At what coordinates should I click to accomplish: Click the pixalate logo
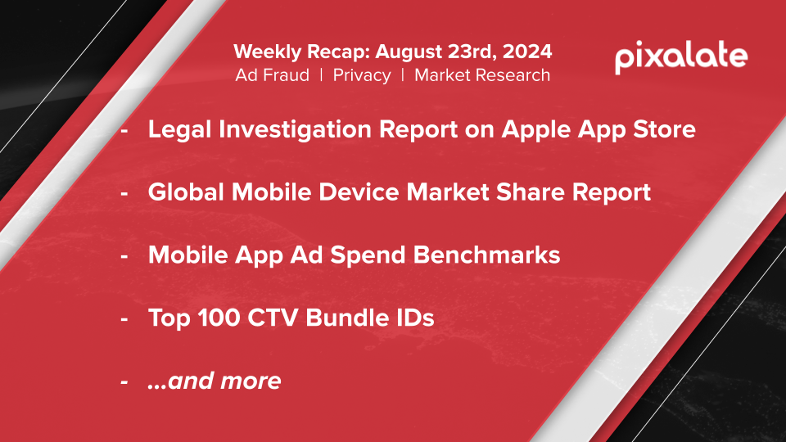tap(681, 57)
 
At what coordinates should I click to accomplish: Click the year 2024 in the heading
tap(527, 52)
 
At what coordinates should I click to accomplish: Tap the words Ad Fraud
tap(272, 75)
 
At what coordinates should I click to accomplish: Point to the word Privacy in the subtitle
tap(362, 75)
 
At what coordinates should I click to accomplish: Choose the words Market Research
tap(482, 75)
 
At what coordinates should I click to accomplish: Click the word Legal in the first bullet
tap(180, 130)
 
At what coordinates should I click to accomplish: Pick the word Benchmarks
tap(486, 255)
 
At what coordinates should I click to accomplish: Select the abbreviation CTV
tap(273, 318)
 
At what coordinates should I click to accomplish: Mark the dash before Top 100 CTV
tap(124, 319)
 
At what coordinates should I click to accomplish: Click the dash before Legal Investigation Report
tap(124, 131)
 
